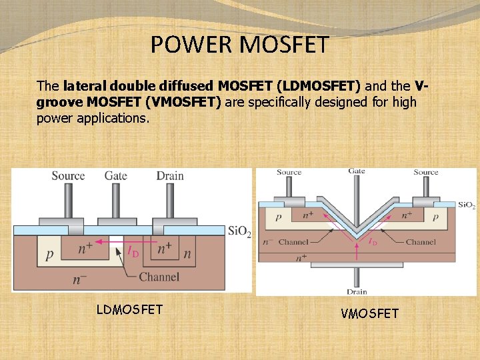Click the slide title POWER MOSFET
239,45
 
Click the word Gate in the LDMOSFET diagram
116,175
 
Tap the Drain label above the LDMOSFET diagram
171,175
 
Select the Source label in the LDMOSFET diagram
68,175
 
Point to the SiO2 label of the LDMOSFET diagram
239,231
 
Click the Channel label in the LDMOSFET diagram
159,276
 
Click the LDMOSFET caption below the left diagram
129,309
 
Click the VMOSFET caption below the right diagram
369,313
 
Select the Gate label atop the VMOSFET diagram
357,171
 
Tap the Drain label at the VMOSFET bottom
357,292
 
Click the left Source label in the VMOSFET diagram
289,172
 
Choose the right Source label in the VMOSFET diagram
425,172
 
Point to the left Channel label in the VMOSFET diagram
293,242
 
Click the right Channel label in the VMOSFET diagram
420,242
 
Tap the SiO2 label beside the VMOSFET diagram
466,205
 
